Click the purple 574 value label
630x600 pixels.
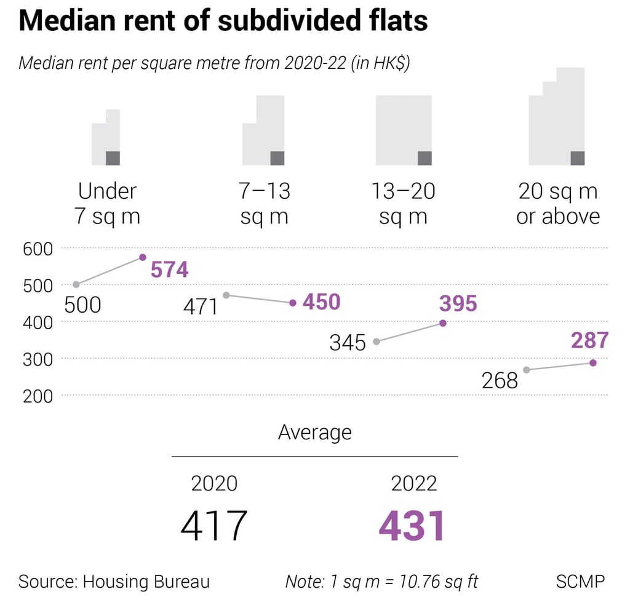pos(169,270)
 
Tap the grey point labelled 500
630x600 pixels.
pos(76,284)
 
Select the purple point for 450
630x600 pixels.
pos(293,303)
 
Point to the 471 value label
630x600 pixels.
pos(201,306)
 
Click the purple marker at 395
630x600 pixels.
pos(443,323)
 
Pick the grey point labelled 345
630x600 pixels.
pos(377,342)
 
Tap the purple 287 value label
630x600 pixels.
pos(589,340)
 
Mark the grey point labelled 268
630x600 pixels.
pos(527,370)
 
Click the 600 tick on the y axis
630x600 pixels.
pos(38,249)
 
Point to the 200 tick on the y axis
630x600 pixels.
pos(38,396)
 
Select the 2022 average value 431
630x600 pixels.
pos(412,527)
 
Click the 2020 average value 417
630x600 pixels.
pos(213,527)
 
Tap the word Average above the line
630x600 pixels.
pos(314,432)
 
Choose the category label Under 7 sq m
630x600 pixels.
pos(107,204)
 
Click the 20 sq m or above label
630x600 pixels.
pos(557,204)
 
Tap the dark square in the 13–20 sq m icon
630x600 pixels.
pos(425,158)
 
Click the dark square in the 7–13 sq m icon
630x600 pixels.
pos(277,158)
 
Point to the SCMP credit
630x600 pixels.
pos(580,581)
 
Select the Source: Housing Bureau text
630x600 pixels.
pos(114,581)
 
